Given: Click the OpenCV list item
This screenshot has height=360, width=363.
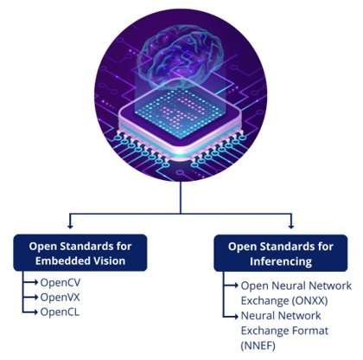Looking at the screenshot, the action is pos(60,282).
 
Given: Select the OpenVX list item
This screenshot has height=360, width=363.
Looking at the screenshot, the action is pos(60,297).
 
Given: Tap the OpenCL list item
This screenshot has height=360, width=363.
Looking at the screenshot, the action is pos(60,312).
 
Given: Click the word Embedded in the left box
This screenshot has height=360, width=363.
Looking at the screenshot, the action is pos(59,260).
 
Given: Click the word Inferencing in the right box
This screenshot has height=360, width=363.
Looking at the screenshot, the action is pos(281,261).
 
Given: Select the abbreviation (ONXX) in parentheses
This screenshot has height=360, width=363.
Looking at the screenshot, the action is pos(309,301).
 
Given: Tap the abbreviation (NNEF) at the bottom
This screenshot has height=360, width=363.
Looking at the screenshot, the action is pos(258,345).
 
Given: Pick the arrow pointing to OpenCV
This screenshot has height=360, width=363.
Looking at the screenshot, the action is pos(30,282).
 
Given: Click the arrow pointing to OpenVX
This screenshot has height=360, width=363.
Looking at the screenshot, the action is pos(30,297).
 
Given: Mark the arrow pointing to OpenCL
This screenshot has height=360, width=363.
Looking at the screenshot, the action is pos(30,312).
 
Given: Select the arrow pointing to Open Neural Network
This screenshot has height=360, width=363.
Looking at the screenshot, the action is pos(231,286).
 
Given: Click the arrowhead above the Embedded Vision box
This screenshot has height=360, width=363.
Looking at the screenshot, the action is pos(70,226).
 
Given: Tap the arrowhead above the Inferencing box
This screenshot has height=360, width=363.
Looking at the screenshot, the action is pos(291,226).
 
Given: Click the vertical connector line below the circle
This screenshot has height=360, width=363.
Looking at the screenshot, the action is pos(181,197).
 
